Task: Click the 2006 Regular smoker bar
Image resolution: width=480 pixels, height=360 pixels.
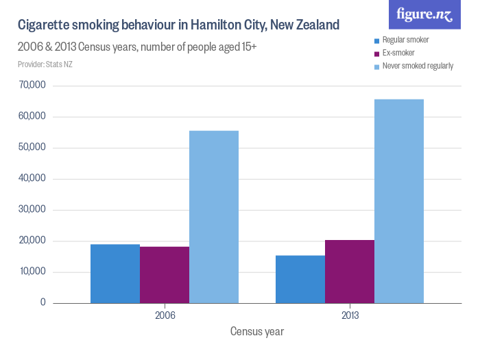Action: pyautogui.click(x=115, y=274)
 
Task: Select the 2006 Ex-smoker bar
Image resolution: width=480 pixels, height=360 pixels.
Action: pyautogui.click(x=165, y=275)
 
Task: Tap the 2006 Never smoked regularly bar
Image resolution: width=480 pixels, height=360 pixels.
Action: pyautogui.click(x=214, y=217)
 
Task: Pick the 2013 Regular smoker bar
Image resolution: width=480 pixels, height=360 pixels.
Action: pyautogui.click(x=300, y=279)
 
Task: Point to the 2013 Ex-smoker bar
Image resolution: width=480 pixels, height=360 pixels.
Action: pyautogui.click(x=350, y=272)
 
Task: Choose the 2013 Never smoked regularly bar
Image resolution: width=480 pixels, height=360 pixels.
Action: pyautogui.click(x=399, y=201)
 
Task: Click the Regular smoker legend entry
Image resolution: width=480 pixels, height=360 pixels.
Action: pyautogui.click(x=405, y=40)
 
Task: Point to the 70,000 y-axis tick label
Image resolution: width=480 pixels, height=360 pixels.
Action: pyautogui.click(x=32, y=86)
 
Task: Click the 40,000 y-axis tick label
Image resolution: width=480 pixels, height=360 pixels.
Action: pyautogui.click(x=32, y=179)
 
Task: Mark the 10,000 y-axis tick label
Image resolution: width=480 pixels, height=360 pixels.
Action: pyautogui.click(x=32, y=272)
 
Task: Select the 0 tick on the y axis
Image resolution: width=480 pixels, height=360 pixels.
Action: pyautogui.click(x=43, y=302)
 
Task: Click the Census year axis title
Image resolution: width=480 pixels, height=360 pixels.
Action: pyautogui.click(x=257, y=332)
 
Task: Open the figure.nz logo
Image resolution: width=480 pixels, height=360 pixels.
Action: pyautogui.click(x=424, y=14)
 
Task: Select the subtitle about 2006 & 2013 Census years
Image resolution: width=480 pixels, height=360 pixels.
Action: pyautogui.click(x=137, y=47)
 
